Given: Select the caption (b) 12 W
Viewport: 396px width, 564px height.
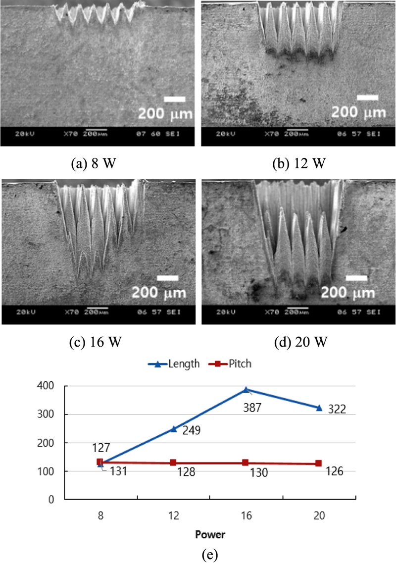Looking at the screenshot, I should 299,163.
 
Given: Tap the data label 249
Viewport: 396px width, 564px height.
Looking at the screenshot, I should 191,430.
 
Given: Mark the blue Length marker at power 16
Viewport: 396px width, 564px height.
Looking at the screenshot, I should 246,390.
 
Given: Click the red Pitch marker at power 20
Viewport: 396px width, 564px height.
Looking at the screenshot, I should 319,463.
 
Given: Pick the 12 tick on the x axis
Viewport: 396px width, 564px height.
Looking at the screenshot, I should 173,515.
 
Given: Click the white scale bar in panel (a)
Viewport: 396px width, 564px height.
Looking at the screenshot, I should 174,100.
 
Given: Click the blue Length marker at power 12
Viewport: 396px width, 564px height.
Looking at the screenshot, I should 173,429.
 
